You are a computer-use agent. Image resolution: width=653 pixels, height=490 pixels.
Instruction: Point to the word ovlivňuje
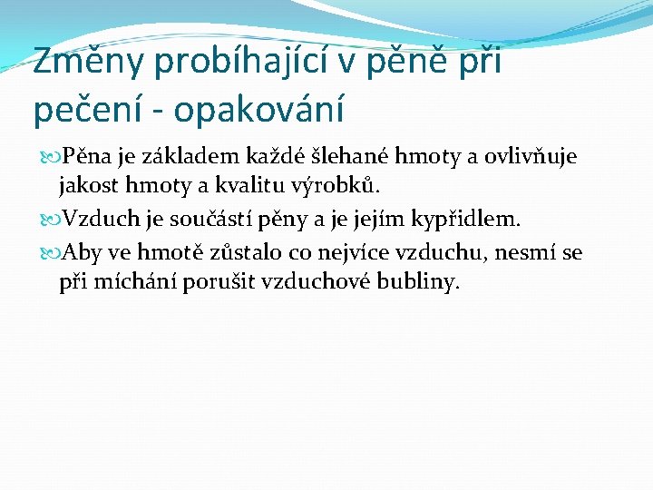point(529,158)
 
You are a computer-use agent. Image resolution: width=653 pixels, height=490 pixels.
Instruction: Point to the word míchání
point(132,282)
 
